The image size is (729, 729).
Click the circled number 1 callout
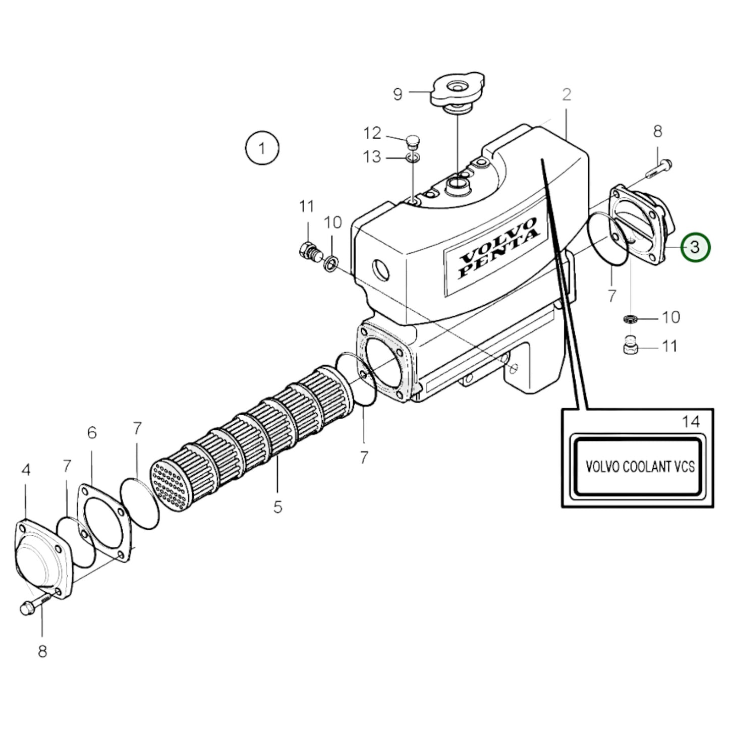point(262,148)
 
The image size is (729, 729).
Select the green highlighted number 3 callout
point(695,247)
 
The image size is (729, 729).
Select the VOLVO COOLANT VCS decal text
point(639,466)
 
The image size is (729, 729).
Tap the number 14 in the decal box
point(691,421)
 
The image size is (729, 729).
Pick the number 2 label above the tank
point(567,94)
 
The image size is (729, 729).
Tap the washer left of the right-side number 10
point(630,318)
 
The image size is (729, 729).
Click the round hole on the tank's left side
point(381,270)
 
